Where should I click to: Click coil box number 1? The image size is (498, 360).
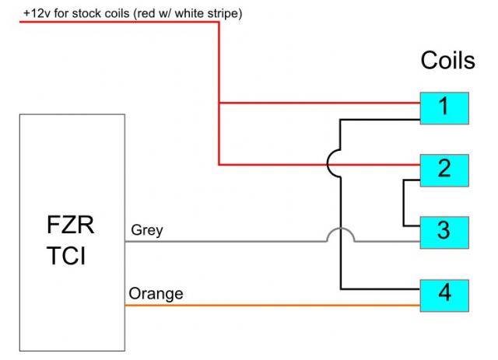[444, 107]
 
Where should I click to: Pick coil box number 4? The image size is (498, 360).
[444, 293]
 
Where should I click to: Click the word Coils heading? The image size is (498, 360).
[447, 61]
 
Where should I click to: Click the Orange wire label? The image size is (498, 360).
[156, 293]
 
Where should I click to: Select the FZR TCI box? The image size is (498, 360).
[72, 233]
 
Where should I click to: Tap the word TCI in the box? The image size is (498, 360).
[71, 256]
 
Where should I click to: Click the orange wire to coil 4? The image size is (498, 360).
[272, 305]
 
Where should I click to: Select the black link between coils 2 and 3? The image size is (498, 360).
[403, 204]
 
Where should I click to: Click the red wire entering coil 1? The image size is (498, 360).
[319, 103]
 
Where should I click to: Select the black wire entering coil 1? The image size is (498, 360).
[381, 121]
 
